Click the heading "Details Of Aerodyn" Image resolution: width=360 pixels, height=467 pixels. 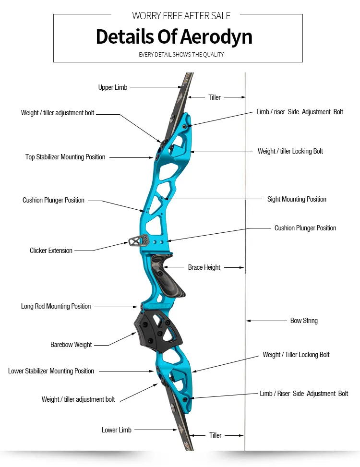point(174,37)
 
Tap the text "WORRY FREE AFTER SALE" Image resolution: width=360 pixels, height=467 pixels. point(181,16)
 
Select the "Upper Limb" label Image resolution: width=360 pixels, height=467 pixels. point(113,87)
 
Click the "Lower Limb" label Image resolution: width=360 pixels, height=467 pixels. point(116,430)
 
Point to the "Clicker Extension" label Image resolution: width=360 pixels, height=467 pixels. point(51,251)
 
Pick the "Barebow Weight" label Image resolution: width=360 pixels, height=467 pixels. point(71,345)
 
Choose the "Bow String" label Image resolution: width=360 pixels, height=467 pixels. point(304,321)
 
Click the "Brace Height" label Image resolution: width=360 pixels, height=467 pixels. point(204,267)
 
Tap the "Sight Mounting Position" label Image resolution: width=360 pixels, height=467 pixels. point(297,199)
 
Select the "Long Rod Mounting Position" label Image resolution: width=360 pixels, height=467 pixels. point(56,306)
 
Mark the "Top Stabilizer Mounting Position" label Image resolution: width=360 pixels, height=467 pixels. point(65,157)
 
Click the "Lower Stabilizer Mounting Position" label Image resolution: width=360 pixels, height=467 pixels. point(51,371)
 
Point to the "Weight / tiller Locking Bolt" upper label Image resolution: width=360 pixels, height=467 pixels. point(290,151)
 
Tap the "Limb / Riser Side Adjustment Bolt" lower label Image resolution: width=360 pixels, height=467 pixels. point(304,394)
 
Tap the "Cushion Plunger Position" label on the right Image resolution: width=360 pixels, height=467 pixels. point(305,228)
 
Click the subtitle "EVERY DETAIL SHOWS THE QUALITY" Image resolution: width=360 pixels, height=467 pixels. point(181,55)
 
